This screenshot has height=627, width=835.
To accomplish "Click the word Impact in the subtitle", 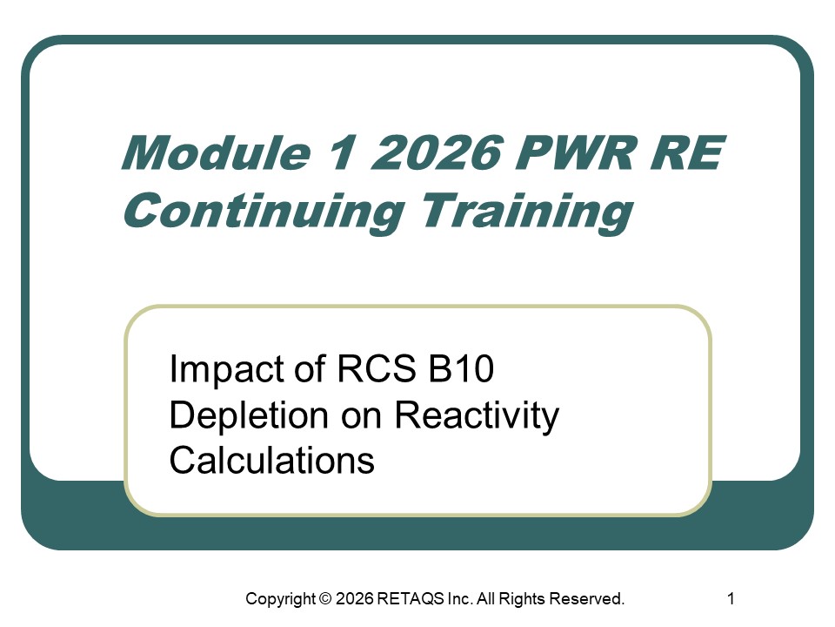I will pos(219,370).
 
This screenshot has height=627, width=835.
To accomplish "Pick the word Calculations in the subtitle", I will pos(271,460).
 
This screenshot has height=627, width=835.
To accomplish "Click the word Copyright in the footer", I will pos(280,599).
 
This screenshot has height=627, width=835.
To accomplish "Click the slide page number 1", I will pos(731,598).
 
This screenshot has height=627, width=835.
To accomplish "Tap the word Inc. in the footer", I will pos(463,599).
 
